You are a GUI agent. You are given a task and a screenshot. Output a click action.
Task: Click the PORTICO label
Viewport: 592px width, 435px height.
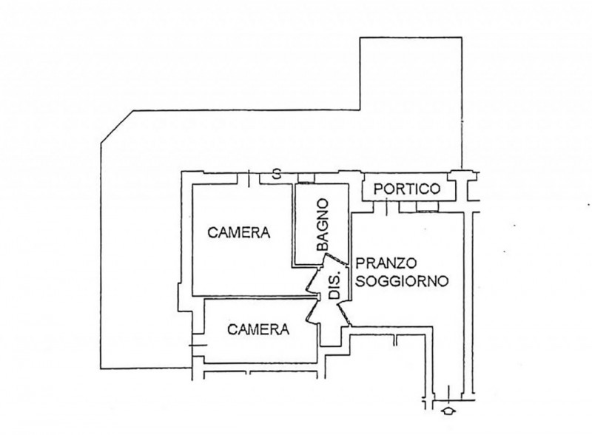406,189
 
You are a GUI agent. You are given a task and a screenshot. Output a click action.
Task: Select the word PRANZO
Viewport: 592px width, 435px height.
387,263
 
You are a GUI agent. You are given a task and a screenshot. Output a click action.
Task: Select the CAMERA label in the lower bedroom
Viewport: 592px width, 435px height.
258,330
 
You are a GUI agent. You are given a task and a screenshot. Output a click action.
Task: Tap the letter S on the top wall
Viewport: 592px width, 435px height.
275,175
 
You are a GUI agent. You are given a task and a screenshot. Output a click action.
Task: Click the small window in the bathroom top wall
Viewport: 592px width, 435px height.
306,178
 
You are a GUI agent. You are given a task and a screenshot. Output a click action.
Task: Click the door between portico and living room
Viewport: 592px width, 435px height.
386,208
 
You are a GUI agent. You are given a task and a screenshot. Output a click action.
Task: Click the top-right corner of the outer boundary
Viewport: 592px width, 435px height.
461,37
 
